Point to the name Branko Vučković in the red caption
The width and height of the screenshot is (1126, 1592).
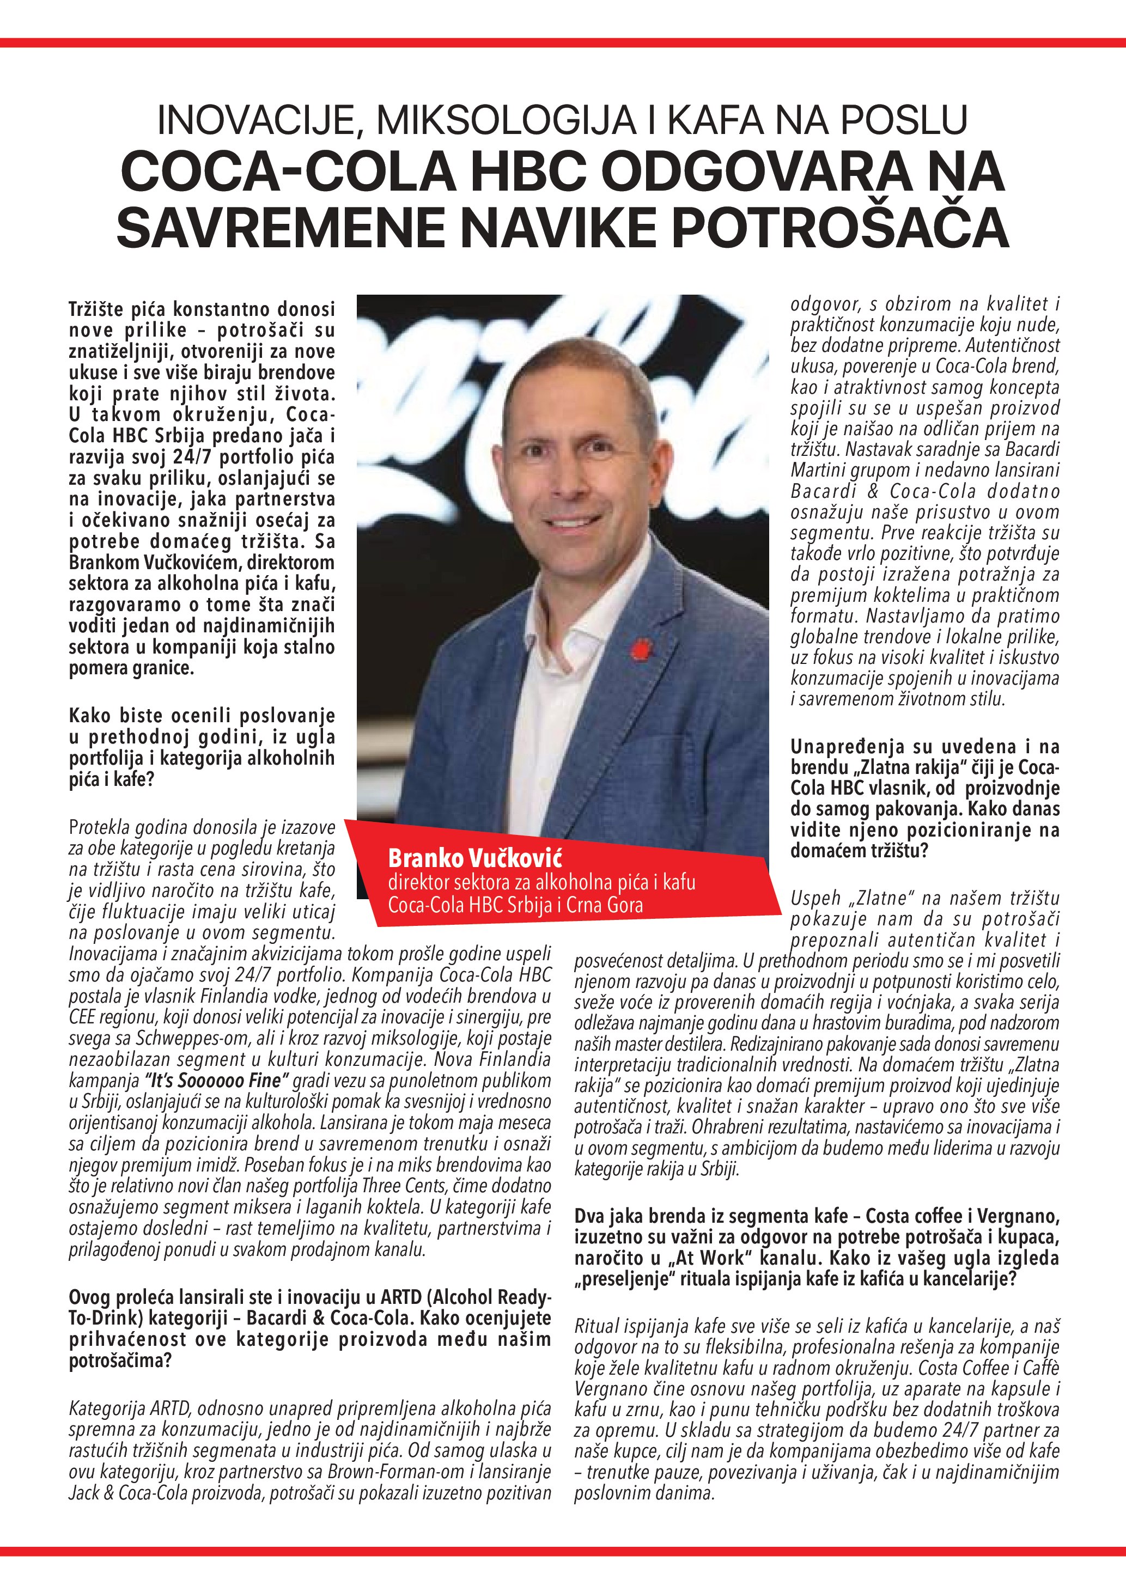click(x=475, y=858)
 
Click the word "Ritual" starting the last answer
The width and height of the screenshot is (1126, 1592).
click(x=597, y=1326)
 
